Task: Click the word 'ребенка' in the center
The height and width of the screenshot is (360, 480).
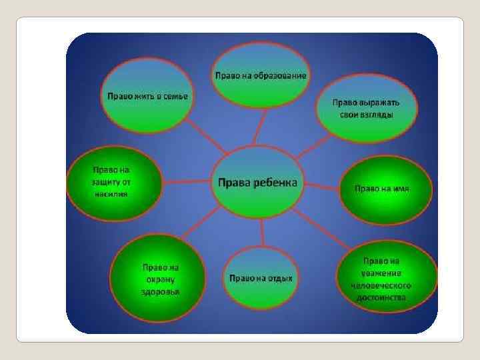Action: pos(279,183)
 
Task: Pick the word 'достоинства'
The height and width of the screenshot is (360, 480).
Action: pos(381,298)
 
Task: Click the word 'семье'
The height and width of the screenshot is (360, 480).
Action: pos(175,95)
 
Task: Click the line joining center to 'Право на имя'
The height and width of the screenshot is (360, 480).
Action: pos(320,186)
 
